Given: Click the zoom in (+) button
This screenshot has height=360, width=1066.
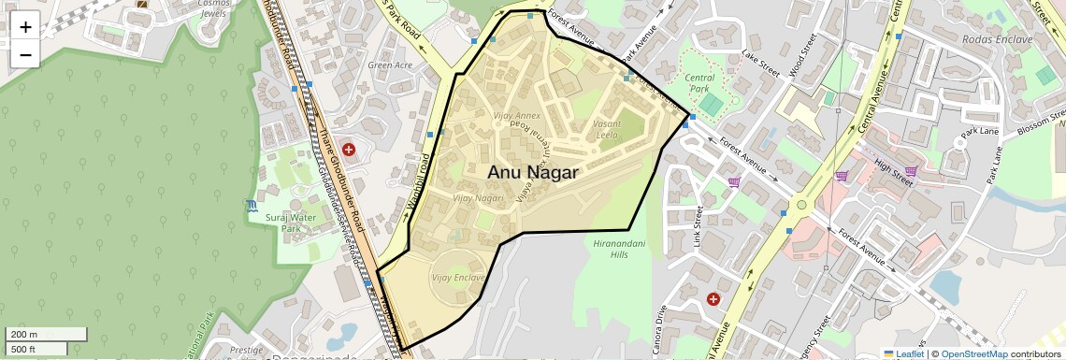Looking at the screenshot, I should (25, 26).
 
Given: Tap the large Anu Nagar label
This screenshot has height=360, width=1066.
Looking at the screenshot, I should (533, 173).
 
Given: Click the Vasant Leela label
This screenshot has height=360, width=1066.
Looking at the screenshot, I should (607, 129).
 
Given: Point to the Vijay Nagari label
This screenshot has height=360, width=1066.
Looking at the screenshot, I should (478, 198).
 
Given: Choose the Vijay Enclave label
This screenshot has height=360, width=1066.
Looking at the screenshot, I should (458, 279).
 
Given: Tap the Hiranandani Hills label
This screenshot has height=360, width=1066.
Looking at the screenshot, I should (619, 249).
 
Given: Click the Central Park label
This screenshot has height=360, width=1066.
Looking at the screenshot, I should (699, 84).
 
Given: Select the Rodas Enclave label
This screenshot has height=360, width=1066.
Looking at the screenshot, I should (996, 39).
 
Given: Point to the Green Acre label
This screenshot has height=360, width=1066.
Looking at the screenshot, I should (390, 65).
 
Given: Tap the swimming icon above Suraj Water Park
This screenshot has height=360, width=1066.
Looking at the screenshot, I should (252, 205).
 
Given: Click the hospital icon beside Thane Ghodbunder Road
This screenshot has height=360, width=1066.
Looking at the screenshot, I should (349, 149).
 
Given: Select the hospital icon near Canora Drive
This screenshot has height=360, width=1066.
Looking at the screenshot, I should (713, 298).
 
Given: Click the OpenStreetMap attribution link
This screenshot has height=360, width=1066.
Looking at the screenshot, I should (973, 354).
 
